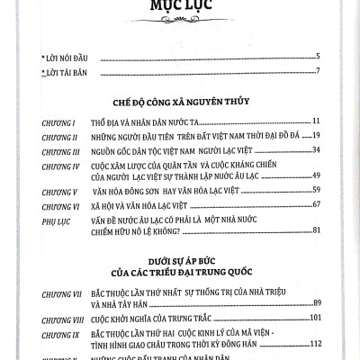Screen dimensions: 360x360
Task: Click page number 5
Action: point(319,58)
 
